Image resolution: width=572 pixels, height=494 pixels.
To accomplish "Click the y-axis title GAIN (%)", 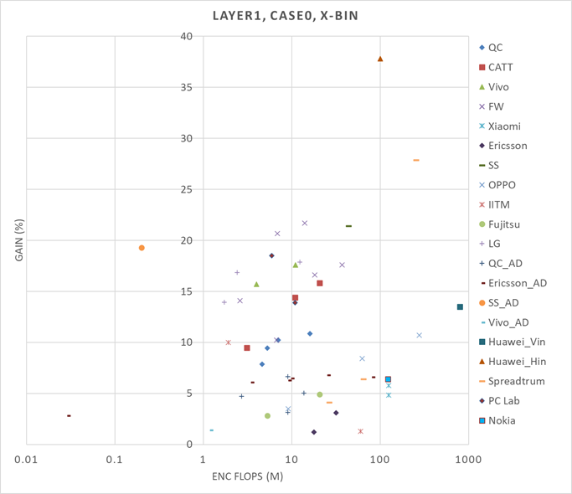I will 18,241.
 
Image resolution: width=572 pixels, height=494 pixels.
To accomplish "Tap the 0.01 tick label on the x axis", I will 27,459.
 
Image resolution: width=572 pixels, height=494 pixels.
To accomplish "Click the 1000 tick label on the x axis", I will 467,459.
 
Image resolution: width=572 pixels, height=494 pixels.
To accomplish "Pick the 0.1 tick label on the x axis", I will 115,459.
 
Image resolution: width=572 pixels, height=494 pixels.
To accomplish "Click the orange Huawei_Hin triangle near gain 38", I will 380,59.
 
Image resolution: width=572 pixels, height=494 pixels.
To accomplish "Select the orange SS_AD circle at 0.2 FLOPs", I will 142,248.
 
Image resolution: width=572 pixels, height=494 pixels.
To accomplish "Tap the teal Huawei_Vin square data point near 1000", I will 460,307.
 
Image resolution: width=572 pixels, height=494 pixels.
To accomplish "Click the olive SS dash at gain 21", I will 348,226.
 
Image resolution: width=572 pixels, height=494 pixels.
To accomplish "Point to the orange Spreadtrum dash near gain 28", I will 416,160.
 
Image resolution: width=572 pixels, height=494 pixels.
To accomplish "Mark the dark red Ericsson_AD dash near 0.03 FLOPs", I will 69,415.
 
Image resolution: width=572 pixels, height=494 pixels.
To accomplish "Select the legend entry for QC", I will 495,48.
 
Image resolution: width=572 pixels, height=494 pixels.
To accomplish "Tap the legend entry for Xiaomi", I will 505,126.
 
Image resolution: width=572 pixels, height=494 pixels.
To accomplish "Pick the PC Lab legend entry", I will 506,401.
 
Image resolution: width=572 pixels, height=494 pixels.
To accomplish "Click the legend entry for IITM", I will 499,204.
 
